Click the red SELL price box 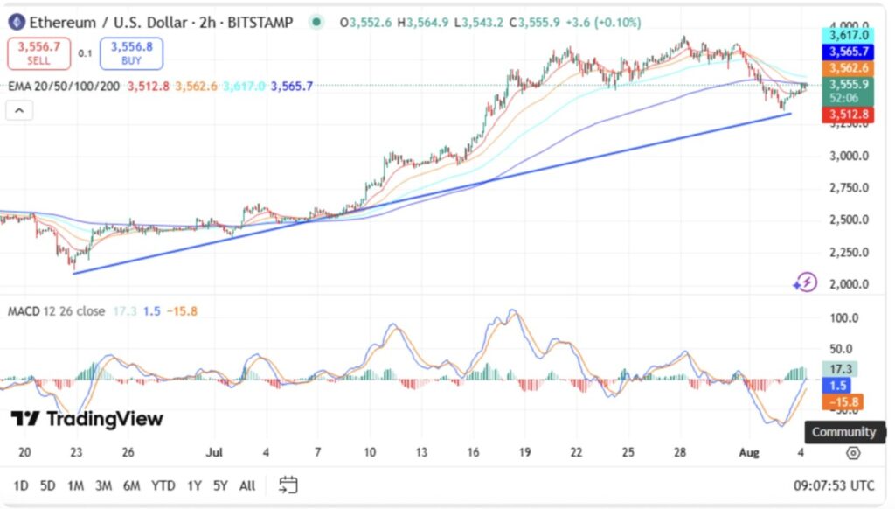[38, 53]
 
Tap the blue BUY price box [131, 53]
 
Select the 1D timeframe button [20, 485]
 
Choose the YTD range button [163, 485]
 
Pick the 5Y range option [220, 485]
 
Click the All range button [247, 485]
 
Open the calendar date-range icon [288, 485]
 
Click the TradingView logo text [87, 419]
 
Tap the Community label [843, 432]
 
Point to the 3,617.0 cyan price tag [847, 36]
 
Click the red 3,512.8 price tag [847, 115]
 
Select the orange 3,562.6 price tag [847, 68]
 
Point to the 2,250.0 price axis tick [849, 252]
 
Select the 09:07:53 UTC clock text [834, 485]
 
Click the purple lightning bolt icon [805, 282]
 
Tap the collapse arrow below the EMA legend [18, 110]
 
